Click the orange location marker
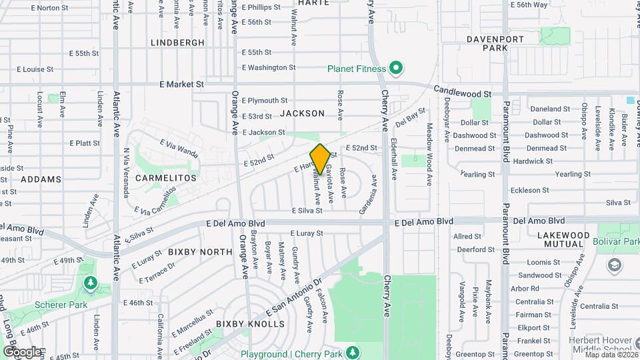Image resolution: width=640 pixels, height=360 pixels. [320, 159]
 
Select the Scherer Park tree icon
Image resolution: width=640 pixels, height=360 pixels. [89, 285]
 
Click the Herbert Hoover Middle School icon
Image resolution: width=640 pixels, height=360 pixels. [614, 266]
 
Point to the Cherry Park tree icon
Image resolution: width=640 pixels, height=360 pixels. [352, 352]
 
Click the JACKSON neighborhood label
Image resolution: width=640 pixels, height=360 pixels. [302, 113]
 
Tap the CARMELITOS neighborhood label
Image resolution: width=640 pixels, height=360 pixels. [166, 178]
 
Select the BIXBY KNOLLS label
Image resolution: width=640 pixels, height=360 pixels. [254, 324]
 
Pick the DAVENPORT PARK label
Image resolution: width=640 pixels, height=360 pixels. [495, 43]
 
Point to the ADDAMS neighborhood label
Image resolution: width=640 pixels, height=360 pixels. [41, 179]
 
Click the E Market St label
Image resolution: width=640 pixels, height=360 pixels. [181, 85]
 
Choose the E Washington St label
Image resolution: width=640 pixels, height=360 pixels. [269, 67]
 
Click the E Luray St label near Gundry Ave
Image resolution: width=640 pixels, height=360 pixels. [306, 233]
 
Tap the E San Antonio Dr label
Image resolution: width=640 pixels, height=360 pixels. [294, 297]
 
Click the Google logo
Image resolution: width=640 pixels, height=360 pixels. [22, 351]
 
